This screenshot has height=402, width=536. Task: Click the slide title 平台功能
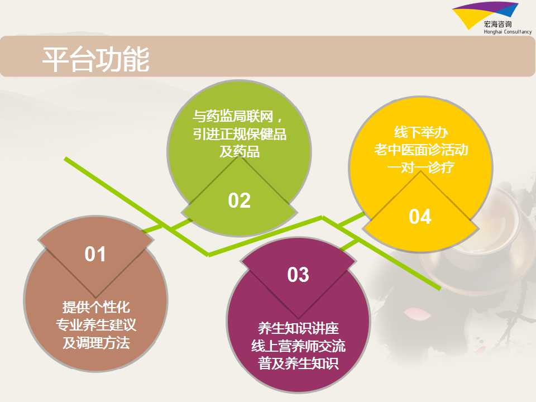(95, 60)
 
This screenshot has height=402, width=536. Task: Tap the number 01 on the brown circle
(95, 255)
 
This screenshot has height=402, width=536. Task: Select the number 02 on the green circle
(240, 200)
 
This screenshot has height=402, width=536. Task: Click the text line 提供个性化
(96, 307)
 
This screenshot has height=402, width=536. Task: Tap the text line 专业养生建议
(96, 325)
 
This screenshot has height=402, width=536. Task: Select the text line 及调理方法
(96, 342)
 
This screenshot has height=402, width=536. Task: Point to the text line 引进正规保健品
(240, 134)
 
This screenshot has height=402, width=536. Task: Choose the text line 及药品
(240, 151)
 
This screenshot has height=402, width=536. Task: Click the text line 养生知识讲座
(298, 328)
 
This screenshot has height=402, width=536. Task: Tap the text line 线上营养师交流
(298, 346)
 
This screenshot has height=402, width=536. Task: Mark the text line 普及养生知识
(298, 363)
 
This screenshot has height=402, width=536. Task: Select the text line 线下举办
(421, 132)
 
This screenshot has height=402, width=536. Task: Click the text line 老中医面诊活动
(421, 150)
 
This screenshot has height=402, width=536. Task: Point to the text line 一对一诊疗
(421, 167)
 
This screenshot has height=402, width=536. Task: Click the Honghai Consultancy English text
(508, 32)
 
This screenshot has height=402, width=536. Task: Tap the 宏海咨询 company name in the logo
(497, 24)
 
